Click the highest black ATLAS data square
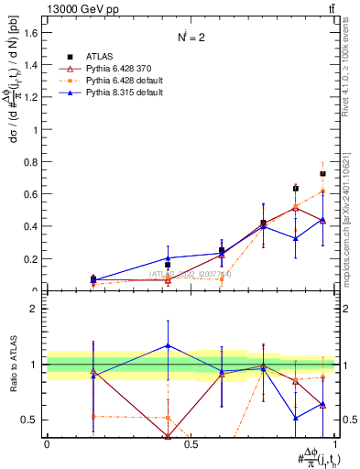click(322, 173)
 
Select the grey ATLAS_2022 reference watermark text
click(191, 274)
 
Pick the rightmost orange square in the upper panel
click(322, 191)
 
